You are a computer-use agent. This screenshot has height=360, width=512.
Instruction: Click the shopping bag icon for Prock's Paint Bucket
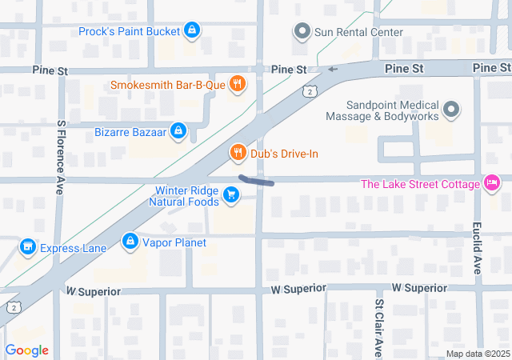coord(191,31)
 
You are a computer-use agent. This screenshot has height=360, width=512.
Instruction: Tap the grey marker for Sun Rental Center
coord(302,32)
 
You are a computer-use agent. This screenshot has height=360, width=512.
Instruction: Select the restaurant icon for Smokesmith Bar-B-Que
coord(237,84)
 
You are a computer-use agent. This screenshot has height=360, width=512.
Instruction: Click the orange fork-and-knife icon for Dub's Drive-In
coord(237,152)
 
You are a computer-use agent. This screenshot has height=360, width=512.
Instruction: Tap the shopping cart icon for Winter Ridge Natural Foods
coord(231,194)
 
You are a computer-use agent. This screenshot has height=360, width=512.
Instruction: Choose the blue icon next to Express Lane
coord(27,247)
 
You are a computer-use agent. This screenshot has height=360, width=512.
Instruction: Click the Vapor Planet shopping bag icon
coord(130,241)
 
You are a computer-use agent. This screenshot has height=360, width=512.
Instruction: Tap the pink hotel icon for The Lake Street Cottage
coord(493,184)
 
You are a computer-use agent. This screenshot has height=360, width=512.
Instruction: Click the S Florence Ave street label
coord(59,158)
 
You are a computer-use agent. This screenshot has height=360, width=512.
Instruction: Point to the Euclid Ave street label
coord(477,248)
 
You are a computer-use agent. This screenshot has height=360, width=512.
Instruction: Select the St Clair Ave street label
coord(379,328)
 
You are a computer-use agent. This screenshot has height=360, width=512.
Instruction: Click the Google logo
coord(26,350)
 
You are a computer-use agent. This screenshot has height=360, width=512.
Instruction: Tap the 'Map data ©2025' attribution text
coord(477,354)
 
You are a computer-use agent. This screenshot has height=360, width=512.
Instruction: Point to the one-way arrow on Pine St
coord(333,70)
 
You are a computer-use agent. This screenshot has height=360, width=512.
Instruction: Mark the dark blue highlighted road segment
coord(256,181)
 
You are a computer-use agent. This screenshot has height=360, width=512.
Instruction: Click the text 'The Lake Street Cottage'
coord(420,184)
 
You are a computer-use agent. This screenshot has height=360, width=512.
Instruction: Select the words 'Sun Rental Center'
coord(358,32)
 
